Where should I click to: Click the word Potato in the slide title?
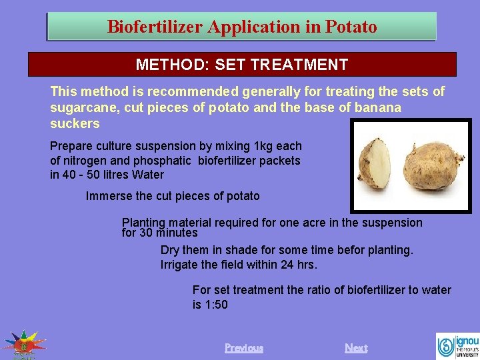click(351, 27)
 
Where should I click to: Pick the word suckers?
click(75, 124)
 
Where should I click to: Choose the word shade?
click(242, 250)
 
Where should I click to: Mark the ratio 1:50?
click(216, 305)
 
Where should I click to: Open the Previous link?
click(244, 348)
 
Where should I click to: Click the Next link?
click(356, 348)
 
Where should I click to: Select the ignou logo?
click(457, 345)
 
